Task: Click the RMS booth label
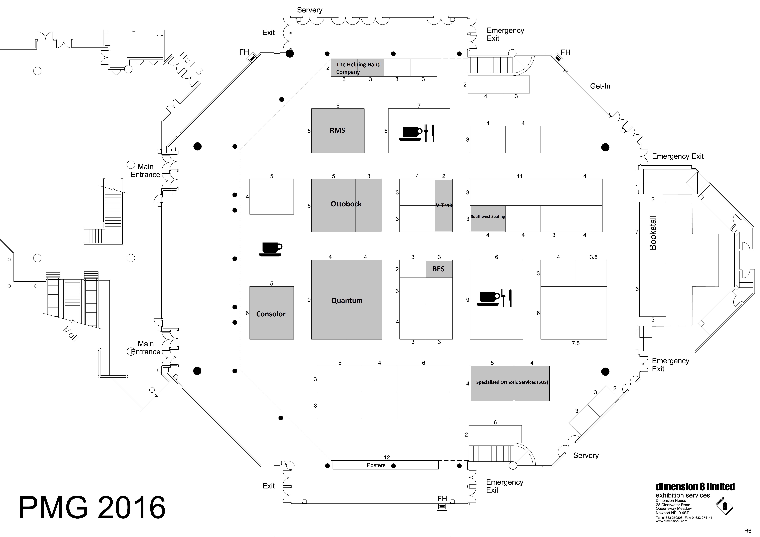(x=337, y=130)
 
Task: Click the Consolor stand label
(x=271, y=314)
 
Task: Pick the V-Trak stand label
(x=444, y=205)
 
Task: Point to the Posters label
(x=376, y=465)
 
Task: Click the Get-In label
(x=600, y=86)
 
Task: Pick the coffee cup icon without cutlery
(x=270, y=249)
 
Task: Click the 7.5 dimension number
(x=576, y=343)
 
